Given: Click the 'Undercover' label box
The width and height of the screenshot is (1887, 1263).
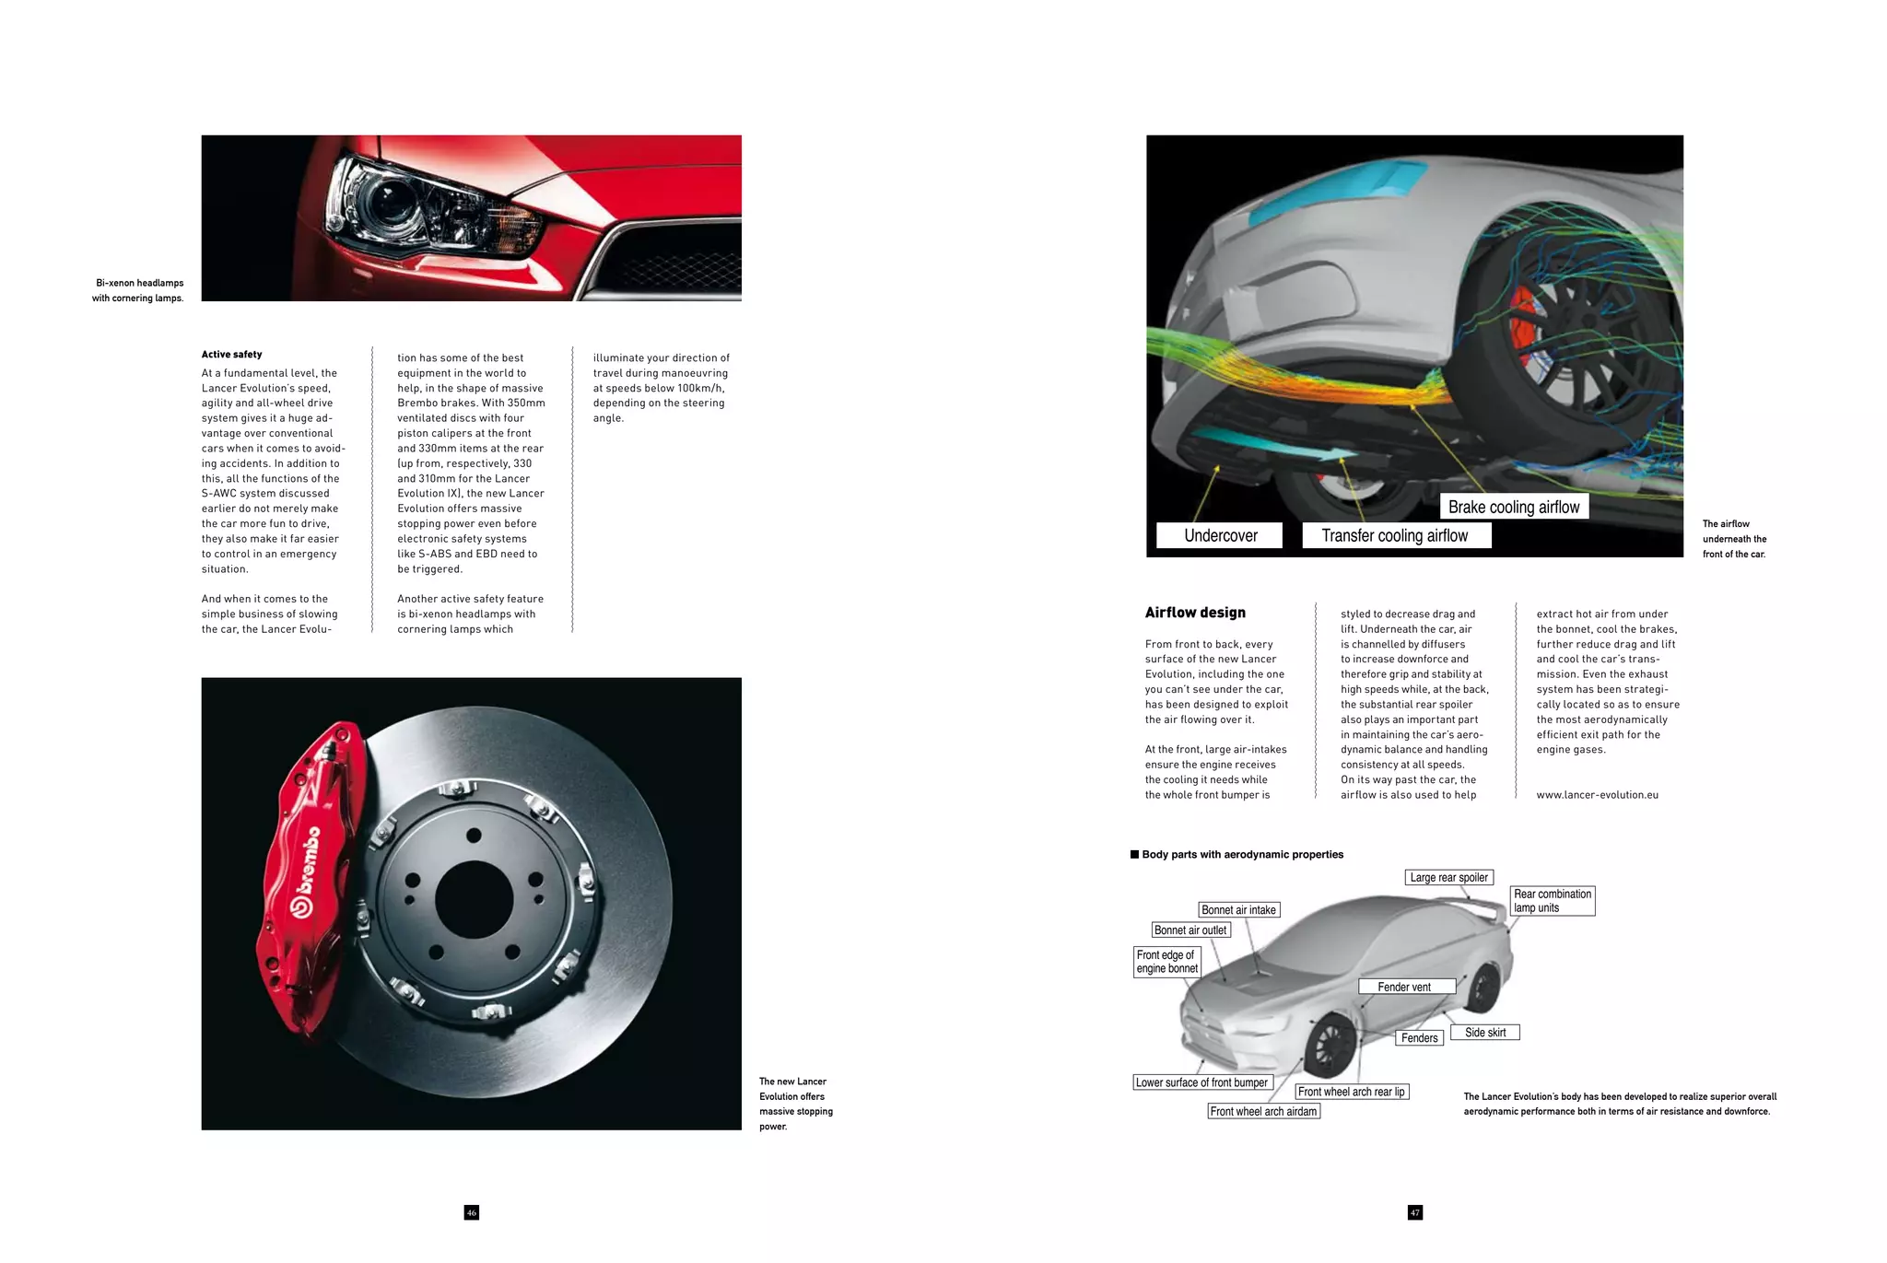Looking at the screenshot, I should click(x=1219, y=535).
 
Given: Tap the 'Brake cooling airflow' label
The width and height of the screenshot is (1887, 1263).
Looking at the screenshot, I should click(x=1513, y=507).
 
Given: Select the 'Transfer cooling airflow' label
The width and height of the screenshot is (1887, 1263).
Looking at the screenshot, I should click(x=1395, y=535).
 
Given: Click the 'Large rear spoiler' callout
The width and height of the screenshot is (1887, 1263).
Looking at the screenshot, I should click(x=1448, y=877).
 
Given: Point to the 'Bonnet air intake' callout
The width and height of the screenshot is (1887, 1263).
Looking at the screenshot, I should click(x=1238, y=909).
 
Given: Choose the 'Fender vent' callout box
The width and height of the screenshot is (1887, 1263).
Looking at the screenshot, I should click(x=1405, y=987).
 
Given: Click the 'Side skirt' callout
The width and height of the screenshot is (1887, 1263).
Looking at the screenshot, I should click(x=1485, y=1032).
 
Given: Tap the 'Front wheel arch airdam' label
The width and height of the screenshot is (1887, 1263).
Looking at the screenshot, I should click(x=1263, y=1111).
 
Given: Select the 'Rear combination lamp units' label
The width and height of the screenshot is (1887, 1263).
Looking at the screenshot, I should click(x=1553, y=900).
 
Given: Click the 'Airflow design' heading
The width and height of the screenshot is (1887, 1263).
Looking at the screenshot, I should click(x=1195, y=613).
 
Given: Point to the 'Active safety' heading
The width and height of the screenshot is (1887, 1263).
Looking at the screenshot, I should click(x=232, y=355).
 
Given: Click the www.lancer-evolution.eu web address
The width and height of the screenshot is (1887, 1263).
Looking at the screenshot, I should click(x=1597, y=795).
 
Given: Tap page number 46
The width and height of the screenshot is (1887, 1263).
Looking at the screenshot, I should click(x=472, y=1212).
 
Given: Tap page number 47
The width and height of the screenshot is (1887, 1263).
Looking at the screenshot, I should click(x=1415, y=1212).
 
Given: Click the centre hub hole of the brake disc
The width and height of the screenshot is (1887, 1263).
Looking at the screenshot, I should click(x=474, y=899).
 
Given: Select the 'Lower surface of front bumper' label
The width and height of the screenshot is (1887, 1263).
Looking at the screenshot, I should click(x=1201, y=1082).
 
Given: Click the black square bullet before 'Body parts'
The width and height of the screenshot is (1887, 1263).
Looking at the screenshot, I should click(x=1135, y=854).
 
